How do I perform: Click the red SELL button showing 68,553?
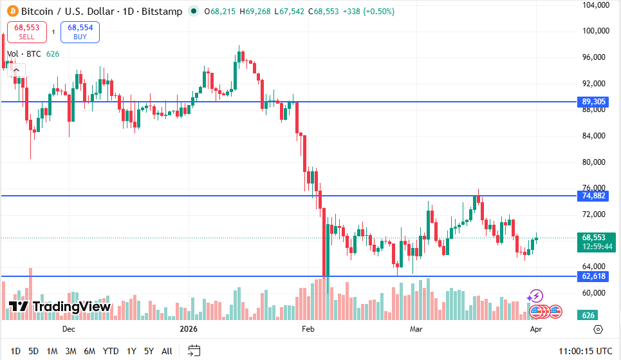26,32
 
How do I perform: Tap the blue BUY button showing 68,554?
80,32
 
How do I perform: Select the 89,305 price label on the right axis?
594,102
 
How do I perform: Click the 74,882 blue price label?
594,195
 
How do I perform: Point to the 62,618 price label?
594,276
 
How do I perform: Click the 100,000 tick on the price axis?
595,31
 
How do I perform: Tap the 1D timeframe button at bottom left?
15,351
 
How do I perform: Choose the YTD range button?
111,351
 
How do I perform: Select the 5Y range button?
149,351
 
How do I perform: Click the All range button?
167,351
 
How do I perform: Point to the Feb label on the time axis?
308,329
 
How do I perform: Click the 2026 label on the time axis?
189,329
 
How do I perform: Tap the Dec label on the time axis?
69,329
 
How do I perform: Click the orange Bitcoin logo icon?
12,12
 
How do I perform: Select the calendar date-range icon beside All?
194,351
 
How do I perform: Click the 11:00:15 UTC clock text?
586,351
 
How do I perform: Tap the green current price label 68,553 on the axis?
595,238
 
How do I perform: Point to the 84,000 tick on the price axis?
595,136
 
